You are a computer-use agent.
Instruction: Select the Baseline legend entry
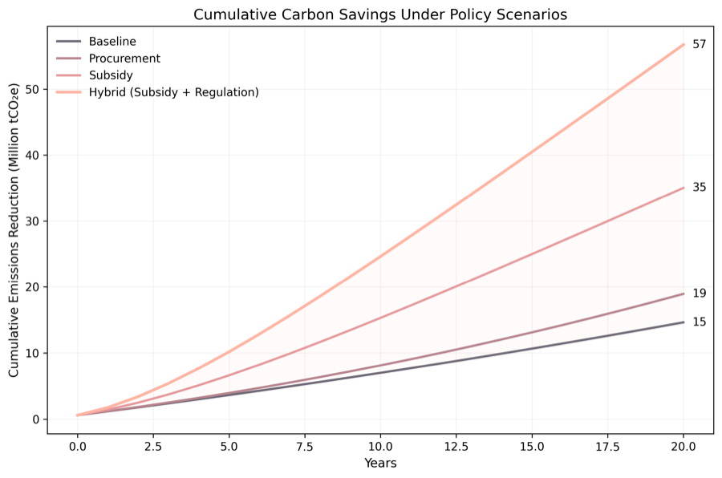pos(112,41)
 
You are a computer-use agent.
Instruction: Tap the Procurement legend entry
pos(124,59)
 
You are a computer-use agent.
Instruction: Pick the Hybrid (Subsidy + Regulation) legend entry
pos(173,92)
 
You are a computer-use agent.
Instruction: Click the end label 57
pos(699,45)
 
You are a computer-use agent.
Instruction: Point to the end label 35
pos(699,188)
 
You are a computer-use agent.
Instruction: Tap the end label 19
pos(699,294)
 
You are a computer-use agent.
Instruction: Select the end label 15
pos(699,322)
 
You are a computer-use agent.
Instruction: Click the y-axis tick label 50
pos(32,89)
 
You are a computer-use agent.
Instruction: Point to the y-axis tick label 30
pos(32,221)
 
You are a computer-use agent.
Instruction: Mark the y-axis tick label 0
pos(35,419)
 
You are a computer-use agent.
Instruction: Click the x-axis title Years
pos(380,464)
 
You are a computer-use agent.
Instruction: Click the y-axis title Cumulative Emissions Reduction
pos(14,233)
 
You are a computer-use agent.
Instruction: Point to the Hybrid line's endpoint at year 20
pos(683,45)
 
